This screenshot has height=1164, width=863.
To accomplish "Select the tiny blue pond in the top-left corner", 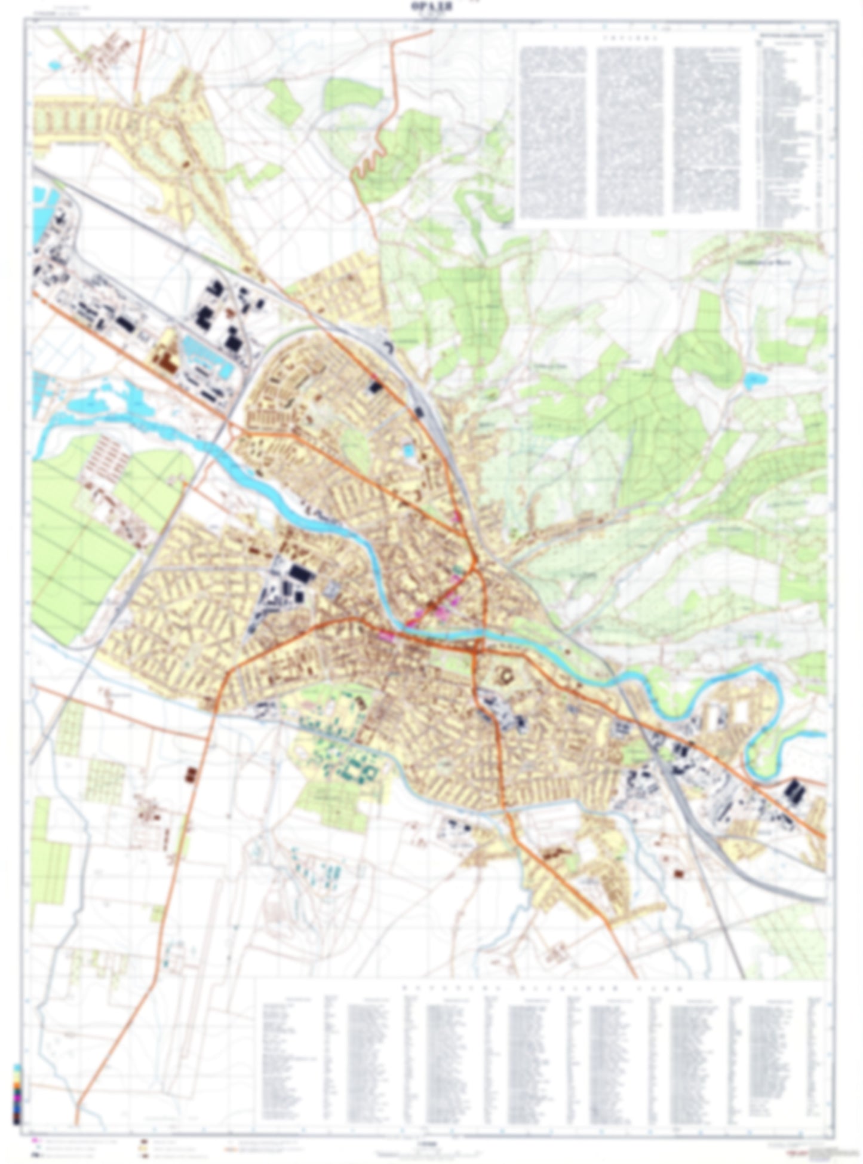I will (x=56, y=64).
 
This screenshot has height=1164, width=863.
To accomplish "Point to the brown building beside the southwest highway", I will (x=192, y=775).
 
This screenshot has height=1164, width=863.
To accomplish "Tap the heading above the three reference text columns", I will (x=629, y=37).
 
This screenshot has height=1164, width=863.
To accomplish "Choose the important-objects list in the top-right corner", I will (x=792, y=128).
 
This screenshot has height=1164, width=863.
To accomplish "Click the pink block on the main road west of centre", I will (x=386, y=636).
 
